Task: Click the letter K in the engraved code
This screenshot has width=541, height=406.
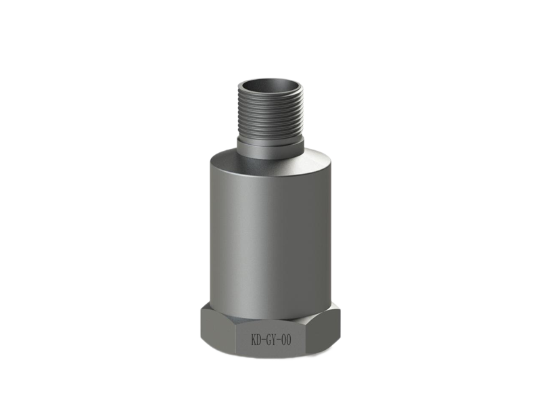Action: click(254, 340)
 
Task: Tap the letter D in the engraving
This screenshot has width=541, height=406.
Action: click(259, 340)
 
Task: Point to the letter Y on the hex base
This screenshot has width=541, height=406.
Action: click(275, 340)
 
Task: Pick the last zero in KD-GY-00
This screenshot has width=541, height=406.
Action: click(289, 340)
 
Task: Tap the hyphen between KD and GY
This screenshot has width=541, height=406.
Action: click(264, 341)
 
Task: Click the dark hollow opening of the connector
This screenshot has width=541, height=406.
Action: click(270, 86)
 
